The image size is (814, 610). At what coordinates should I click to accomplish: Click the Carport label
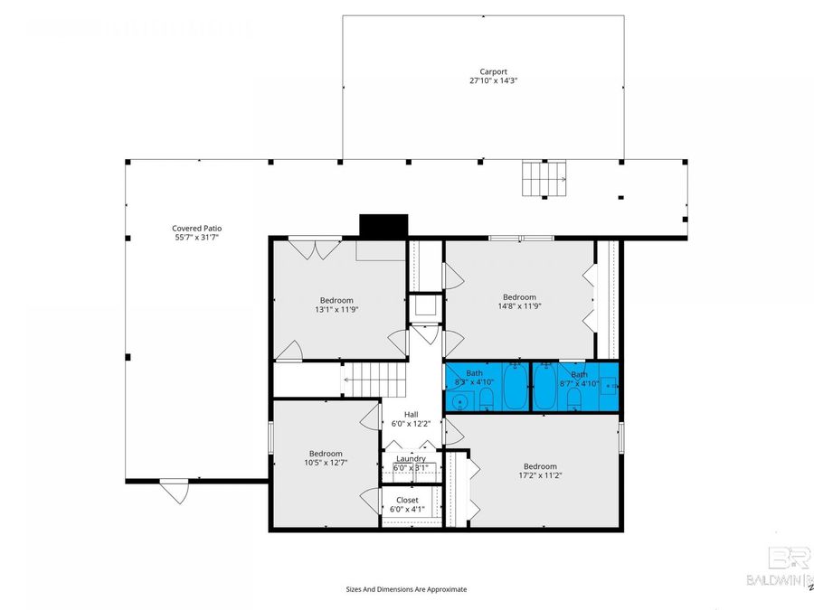493,70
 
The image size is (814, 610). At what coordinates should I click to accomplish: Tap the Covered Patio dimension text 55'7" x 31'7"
196,238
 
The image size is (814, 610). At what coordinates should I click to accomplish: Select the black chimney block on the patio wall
383,225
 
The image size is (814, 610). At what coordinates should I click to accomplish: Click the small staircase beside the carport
543,178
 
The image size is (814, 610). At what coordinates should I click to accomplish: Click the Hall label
411,415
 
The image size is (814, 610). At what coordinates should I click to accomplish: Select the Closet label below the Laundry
407,500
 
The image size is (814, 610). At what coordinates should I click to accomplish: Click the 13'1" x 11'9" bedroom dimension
336,309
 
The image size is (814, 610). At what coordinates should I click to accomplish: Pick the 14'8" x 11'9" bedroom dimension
519,306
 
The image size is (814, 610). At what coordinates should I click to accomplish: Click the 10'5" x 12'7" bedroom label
326,454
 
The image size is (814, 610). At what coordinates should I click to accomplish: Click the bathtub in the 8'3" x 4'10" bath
515,389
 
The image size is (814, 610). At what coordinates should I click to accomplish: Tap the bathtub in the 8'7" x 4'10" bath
546,389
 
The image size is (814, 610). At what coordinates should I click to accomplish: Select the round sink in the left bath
459,401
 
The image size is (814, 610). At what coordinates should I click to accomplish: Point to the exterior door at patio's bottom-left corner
174,492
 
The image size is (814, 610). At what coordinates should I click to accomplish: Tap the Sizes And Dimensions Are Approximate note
406,589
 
